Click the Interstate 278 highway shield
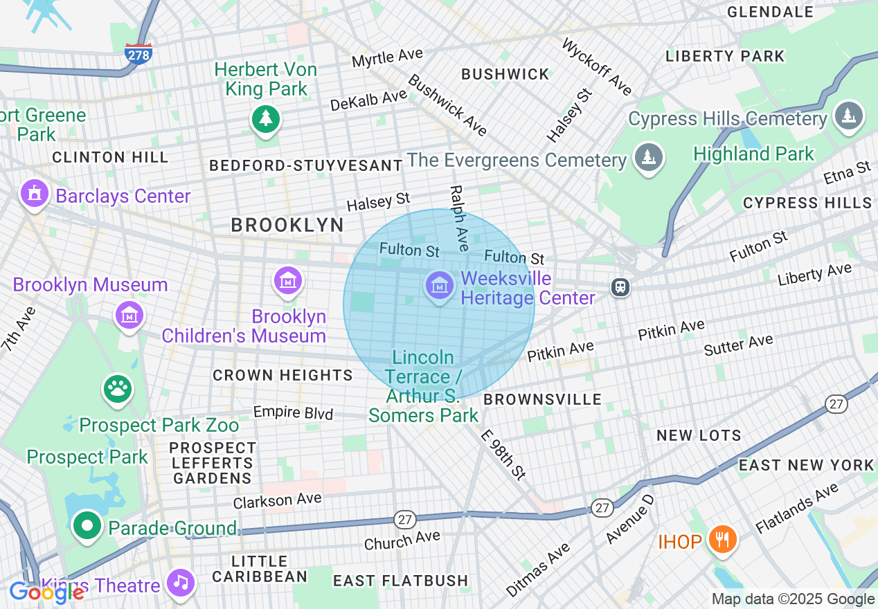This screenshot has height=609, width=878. (x=138, y=54)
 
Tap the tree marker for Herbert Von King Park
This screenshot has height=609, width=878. (x=265, y=118)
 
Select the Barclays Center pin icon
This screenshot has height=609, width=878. (x=33, y=194)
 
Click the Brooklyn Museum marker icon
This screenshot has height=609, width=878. (x=129, y=315)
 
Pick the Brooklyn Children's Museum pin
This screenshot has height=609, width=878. (x=288, y=280)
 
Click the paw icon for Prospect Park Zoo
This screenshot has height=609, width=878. (x=118, y=389)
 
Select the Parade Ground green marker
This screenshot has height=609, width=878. (x=87, y=526)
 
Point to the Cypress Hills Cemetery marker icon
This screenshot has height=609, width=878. (x=849, y=115)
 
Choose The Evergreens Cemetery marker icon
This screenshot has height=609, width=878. (x=648, y=158)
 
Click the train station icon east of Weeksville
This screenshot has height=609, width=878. (x=620, y=287)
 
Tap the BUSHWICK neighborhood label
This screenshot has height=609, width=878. (x=505, y=74)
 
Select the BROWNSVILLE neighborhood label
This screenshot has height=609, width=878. (x=542, y=400)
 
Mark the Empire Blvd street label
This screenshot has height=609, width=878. (x=293, y=413)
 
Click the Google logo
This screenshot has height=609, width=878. (x=46, y=592)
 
